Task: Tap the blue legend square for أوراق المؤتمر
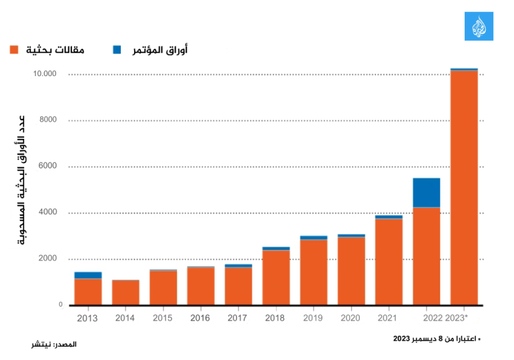[x=117, y=50]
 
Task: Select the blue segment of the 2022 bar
[x=427, y=192]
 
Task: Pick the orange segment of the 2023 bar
[x=464, y=187]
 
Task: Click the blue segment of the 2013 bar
[x=87, y=275]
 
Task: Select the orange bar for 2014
[x=125, y=292]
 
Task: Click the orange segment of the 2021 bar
[x=389, y=261]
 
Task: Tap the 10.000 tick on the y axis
[x=47, y=73]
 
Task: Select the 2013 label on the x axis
[x=87, y=318]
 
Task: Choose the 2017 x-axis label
[x=238, y=318]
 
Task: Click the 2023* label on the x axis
[x=457, y=318]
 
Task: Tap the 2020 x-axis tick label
[x=350, y=318]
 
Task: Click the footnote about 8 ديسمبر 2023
[x=436, y=339]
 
